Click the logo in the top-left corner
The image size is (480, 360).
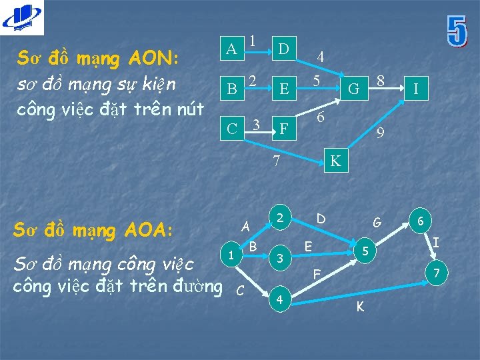pos(21,17)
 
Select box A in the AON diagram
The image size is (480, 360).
pos(231,49)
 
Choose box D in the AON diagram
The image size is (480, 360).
pos(283,49)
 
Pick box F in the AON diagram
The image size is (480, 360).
pos(283,127)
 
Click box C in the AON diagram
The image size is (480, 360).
pos(231,127)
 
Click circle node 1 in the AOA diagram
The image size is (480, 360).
pos(230,255)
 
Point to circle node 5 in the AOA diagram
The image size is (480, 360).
pos(365,252)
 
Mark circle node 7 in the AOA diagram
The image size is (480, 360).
pos(437,273)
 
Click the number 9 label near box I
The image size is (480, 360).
pos(380,133)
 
